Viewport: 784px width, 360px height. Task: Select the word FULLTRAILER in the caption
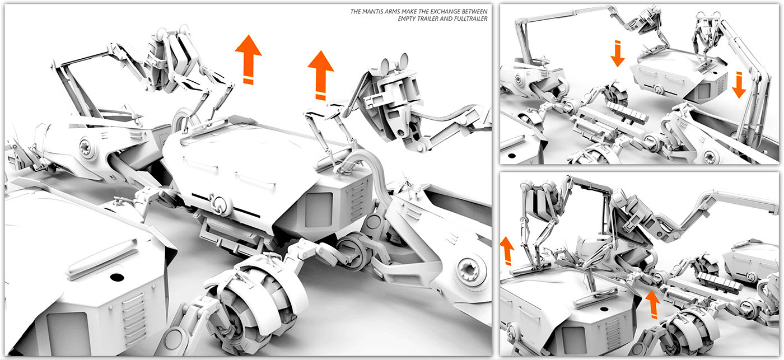(x=468, y=18)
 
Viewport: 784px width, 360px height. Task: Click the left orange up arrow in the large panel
(x=248, y=59)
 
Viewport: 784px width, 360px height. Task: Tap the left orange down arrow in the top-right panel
(x=617, y=53)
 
